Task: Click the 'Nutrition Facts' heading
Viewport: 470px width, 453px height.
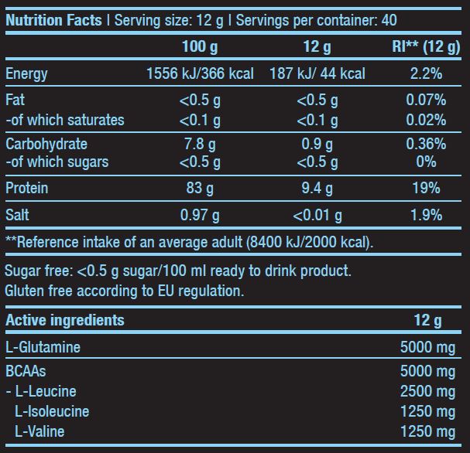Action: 53,19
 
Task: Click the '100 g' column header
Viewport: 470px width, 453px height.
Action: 200,47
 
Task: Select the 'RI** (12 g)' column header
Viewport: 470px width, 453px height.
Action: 426,47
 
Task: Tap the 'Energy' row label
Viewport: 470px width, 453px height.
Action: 26,74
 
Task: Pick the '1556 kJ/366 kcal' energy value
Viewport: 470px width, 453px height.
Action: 200,74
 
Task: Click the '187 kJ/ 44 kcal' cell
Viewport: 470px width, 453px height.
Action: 317,74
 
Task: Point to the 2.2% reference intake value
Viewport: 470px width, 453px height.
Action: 426,74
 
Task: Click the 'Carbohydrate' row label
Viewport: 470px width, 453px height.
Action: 46,144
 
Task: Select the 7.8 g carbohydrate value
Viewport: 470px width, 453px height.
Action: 199,144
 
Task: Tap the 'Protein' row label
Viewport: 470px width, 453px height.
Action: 27,189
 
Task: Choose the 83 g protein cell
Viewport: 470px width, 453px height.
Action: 200,189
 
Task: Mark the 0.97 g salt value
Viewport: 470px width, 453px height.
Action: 200,215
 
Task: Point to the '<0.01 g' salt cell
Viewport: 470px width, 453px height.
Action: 317,215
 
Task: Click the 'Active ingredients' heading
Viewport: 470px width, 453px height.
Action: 65,320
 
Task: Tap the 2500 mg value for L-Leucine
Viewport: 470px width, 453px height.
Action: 427,391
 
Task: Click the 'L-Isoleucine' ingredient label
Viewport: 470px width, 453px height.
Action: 52,411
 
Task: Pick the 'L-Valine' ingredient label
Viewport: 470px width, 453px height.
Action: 39,431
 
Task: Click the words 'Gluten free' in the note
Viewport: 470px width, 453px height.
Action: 36,291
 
